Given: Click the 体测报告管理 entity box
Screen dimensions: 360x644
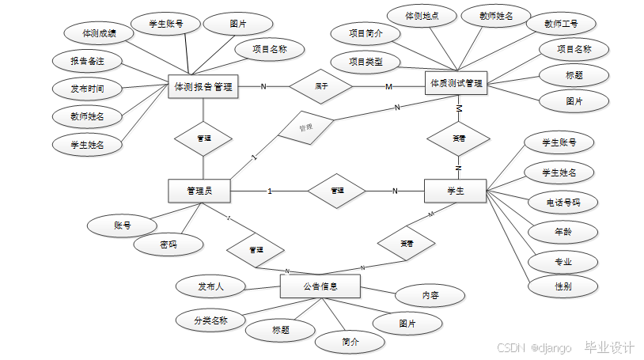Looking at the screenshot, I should click(x=203, y=86).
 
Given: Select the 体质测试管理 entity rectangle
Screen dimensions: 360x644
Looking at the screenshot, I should click(x=456, y=83).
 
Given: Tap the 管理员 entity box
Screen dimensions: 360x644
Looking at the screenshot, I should click(x=199, y=191).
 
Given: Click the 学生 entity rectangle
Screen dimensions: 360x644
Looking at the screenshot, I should click(x=455, y=191).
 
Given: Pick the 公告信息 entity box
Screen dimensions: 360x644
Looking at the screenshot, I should click(x=320, y=286).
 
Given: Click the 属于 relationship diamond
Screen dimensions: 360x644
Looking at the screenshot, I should click(x=321, y=85).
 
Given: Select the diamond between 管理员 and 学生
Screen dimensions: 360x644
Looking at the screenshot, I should click(x=336, y=191).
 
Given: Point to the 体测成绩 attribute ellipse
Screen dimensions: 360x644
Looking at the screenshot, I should click(x=100, y=34).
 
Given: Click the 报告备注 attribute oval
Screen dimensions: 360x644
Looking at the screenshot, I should click(x=87, y=61).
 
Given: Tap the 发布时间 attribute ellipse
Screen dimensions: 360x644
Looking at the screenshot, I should click(x=87, y=88).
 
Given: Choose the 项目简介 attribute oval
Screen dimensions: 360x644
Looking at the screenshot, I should click(x=366, y=34).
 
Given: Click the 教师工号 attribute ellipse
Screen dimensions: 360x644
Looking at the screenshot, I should click(x=560, y=24).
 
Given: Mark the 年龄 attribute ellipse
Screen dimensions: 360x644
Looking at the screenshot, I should click(x=563, y=232).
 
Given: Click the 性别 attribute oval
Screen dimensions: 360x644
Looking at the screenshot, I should click(x=563, y=286).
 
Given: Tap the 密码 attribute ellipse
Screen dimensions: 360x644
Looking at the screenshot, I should click(x=168, y=245).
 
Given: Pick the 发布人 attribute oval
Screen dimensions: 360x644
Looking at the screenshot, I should click(x=210, y=286).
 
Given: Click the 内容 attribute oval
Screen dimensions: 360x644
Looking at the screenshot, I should click(x=430, y=296).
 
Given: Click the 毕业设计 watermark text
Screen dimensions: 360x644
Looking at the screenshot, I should click(x=609, y=347).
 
